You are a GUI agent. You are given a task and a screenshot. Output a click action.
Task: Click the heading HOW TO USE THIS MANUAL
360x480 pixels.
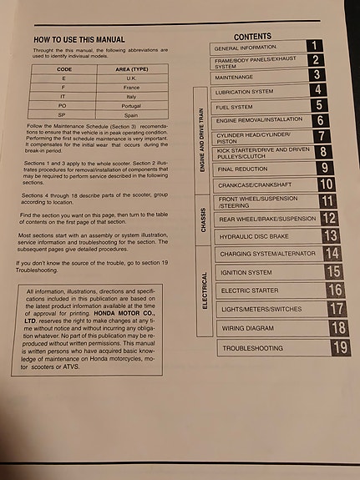point(79,39)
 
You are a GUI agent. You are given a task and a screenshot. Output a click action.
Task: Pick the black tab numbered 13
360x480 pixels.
point(329,235)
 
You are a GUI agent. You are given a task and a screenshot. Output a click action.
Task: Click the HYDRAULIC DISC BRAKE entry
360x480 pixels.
point(256,236)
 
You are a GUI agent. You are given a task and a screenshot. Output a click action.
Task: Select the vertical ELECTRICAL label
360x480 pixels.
point(203,291)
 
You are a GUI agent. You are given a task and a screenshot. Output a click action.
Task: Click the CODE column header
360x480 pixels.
point(64,70)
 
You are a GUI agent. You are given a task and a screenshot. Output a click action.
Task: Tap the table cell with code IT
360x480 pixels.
point(64,96)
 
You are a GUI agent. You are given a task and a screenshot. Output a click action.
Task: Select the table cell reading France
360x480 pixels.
point(130,88)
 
